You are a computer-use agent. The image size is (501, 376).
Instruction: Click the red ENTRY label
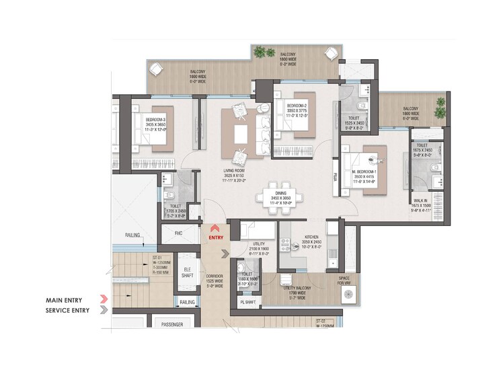[216, 237]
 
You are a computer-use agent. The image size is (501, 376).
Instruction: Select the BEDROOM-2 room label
[297, 106]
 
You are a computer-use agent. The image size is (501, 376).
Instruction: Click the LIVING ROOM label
[233, 171]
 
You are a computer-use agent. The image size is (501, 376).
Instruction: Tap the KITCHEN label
[311, 237]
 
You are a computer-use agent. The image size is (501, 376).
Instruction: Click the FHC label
[178, 233]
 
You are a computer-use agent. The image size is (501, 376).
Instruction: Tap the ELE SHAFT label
[188, 272]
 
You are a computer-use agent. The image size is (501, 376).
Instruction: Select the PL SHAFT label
[247, 303]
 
